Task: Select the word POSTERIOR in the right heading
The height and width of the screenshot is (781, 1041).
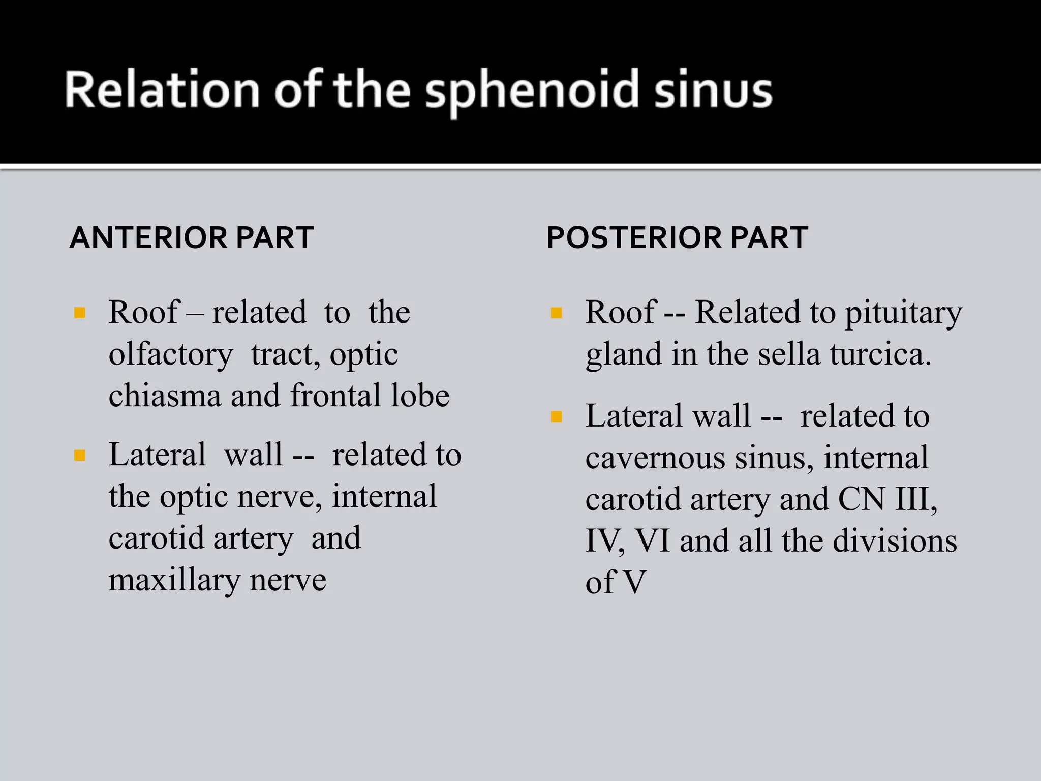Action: pos(633,238)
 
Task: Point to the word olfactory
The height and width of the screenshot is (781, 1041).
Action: pos(171,355)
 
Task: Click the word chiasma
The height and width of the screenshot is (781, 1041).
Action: pos(165,396)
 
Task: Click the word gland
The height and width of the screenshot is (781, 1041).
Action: pos(624,355)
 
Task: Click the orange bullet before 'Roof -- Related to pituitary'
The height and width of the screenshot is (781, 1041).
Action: pos(557,313)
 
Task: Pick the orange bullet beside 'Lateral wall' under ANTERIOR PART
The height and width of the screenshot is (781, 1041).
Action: pos(80,455)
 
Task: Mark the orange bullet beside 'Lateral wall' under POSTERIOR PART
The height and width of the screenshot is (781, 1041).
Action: pos(557,417)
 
